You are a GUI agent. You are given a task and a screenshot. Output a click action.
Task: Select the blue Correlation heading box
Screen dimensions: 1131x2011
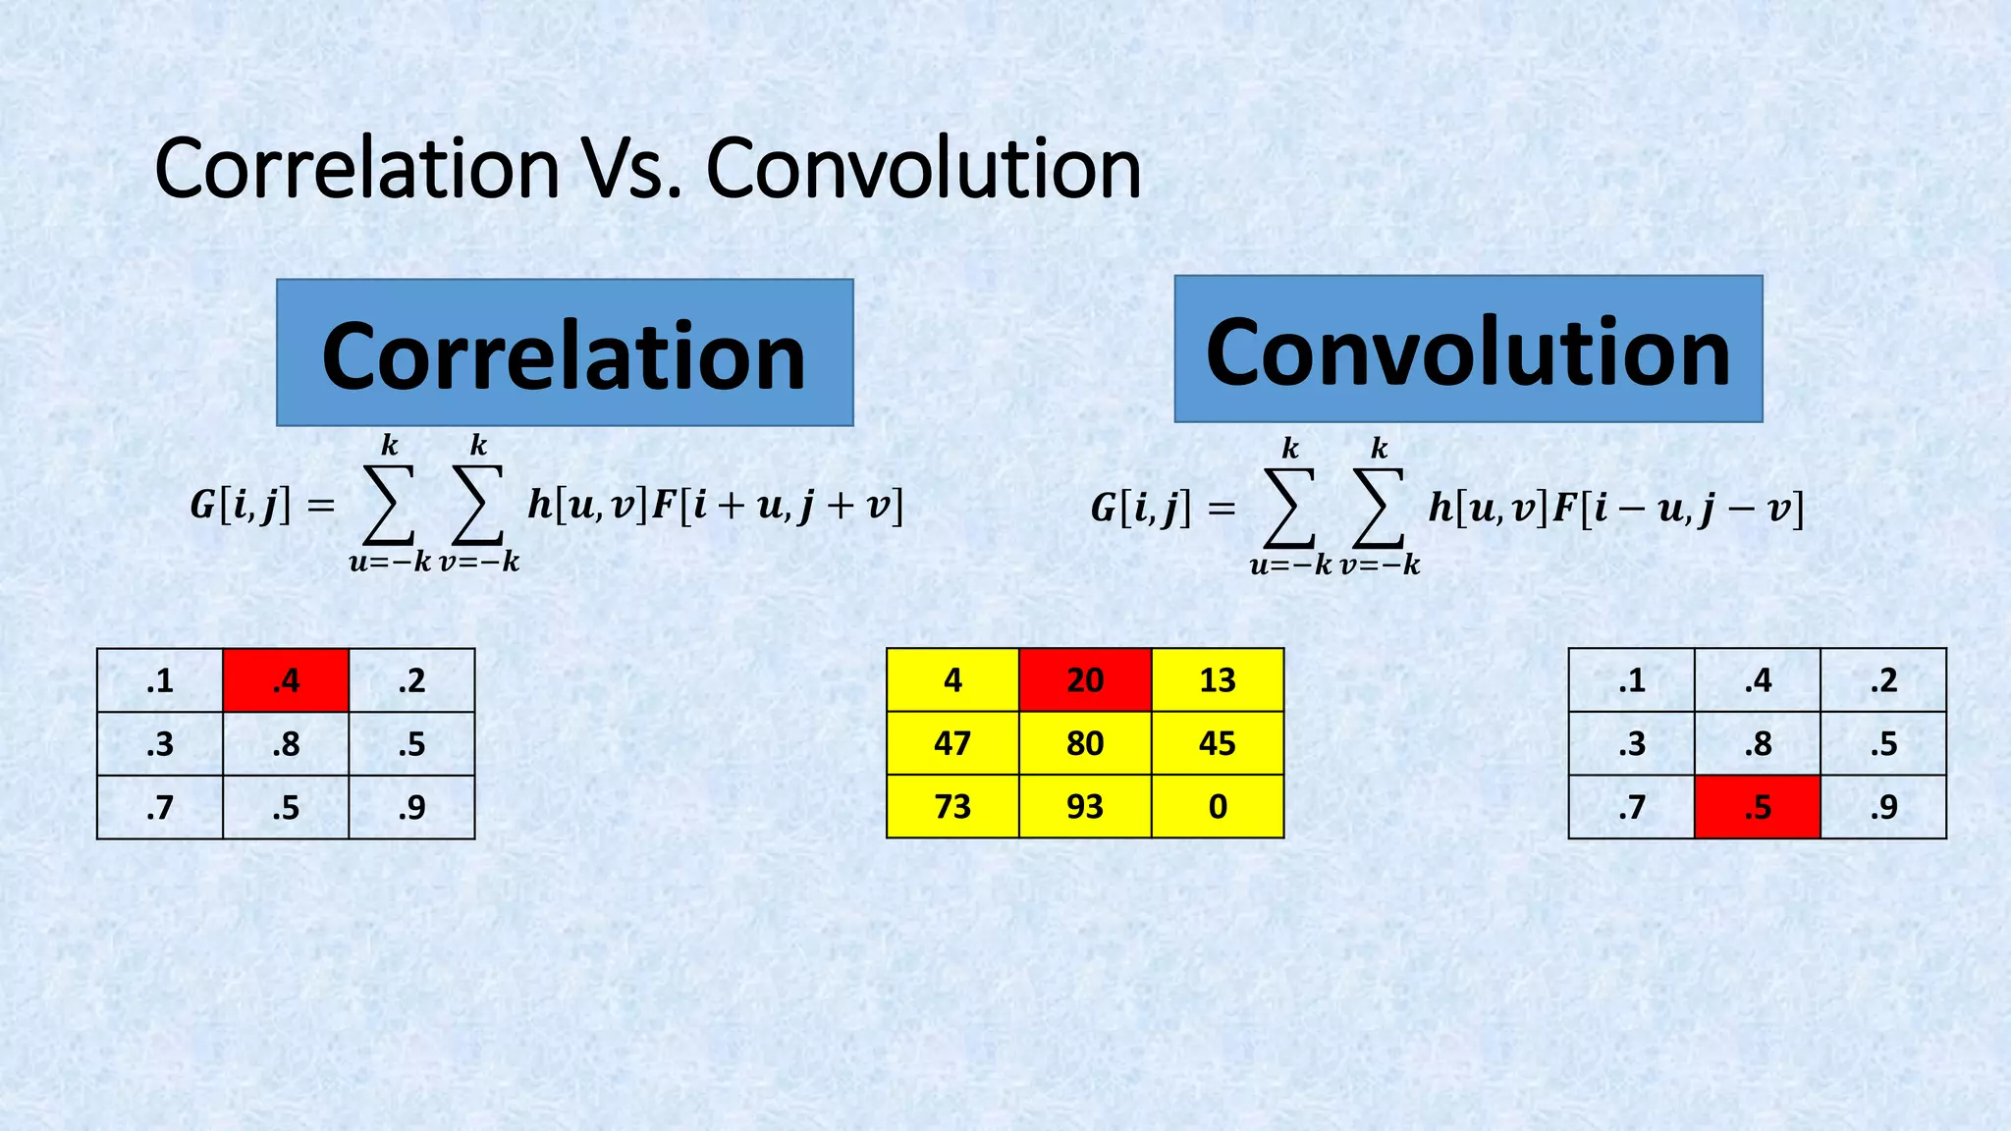[x=565, y=352]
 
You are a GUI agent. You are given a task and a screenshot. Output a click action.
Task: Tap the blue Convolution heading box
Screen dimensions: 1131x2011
[x=1468, y=349]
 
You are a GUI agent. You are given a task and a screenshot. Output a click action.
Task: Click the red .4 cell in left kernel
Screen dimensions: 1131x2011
[x=286, y=679]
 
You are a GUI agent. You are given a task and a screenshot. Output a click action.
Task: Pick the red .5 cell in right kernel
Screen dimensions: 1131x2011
[x=1758, y=807]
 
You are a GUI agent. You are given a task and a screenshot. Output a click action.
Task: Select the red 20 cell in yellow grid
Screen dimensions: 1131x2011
[x=1085, y=679]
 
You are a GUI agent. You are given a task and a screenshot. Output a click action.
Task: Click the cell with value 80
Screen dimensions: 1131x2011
[x=1085, y=743]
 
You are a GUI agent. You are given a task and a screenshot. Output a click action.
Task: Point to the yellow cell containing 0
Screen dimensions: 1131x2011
[x=1218, y=806]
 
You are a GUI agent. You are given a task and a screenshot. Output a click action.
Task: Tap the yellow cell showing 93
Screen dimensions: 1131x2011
[x=1085, y=806]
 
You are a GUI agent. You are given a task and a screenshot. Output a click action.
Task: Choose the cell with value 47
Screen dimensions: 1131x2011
[x=952, y=743]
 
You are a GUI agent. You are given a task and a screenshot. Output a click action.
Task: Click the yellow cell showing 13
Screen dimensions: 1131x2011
[x=1218, y=679]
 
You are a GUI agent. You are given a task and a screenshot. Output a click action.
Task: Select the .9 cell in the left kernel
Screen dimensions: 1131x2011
[x=411, y=807]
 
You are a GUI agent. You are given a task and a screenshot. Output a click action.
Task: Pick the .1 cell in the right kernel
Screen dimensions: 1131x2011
[x=1632, y=679]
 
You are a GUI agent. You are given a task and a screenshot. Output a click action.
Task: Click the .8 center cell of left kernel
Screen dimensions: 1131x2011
[x=286, y=743]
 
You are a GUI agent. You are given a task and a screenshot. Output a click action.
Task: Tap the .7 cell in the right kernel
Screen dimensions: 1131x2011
[x=1632, y=807]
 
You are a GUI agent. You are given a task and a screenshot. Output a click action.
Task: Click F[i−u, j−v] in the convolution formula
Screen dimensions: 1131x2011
[x=1678, y=509]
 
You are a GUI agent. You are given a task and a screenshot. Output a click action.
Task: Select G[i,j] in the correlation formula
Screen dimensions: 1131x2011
[x=241, y=505]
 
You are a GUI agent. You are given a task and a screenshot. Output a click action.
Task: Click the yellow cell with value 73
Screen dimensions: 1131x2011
[x=952, y=806]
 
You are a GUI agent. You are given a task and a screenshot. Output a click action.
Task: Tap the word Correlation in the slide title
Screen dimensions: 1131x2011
[x=356, y=169]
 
